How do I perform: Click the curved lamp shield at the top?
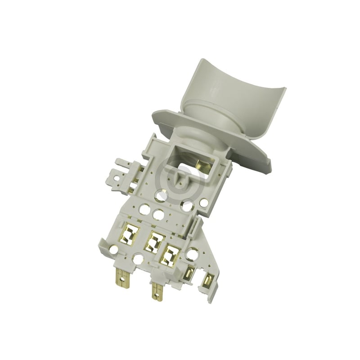pyautogui.click(x=234, y=99)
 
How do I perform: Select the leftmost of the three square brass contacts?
pyautogui.click(x=129, y=234)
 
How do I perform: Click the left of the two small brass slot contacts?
pyautogui.click(x=189, y=273)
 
